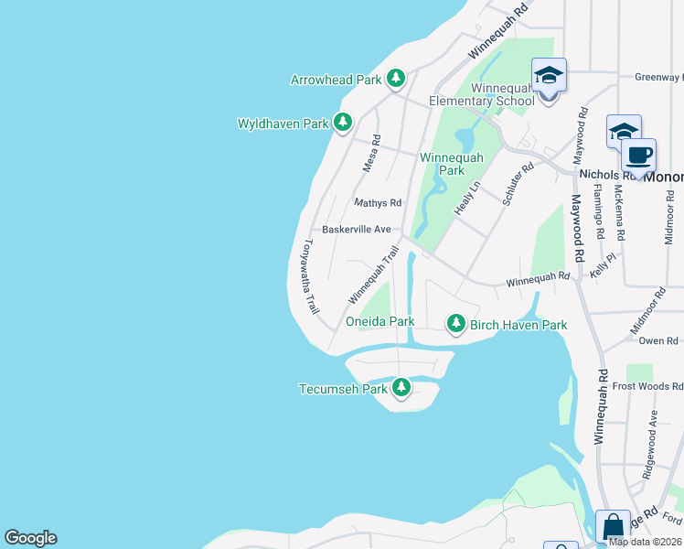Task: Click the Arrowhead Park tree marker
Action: point(395,79)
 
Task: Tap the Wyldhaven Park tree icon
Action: point(343,122)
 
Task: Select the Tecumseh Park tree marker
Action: point(400,388)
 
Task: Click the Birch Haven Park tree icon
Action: point(455,324)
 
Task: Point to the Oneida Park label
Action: point(380,321)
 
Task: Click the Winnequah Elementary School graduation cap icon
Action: point(549,75)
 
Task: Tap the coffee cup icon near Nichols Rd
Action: point(638,155)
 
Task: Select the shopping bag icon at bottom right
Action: point(612,527)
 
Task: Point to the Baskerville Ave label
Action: point(357,229)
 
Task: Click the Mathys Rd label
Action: point(378,203)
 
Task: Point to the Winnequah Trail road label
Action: point(373,275)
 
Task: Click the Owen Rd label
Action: point(657,340)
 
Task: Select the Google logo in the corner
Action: point(30,538)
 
